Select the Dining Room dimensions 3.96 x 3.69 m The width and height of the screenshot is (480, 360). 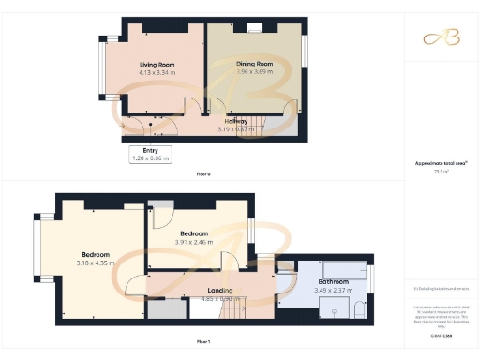tap(254, 71)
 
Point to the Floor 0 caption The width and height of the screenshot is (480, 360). tap(203, 174)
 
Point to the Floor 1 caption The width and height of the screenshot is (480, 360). tap(203, 341)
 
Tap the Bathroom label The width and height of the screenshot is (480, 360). tap(334, 281)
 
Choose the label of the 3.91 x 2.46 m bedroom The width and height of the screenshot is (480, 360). tap(193, 233)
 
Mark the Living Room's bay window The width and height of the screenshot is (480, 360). tap(103, 70)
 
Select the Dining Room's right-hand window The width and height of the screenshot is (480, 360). tap(307, 52)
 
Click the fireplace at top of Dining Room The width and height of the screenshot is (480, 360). tap(254, 30)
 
